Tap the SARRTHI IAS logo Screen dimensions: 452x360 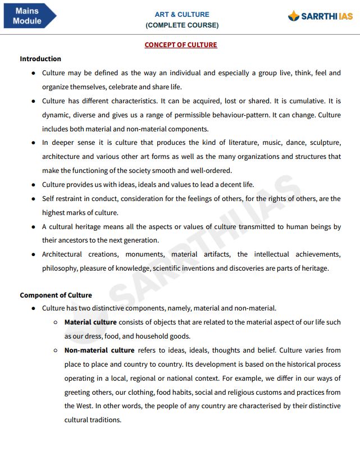click(320, 16)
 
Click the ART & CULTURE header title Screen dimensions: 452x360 click(182, 15)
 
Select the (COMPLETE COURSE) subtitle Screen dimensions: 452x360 click(182, 25)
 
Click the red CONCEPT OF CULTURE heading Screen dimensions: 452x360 click(181, 45)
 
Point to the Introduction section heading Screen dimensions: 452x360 click(40, 59)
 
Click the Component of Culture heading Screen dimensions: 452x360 click(56, 295)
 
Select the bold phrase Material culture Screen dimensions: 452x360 click(90, 322)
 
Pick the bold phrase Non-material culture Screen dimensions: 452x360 click(99, 350)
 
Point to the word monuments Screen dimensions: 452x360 click(145, 254)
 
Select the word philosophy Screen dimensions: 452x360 click(60, 268)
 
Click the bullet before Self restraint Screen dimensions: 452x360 click(34, 199)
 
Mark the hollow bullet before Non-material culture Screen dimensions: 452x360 click(56, 350)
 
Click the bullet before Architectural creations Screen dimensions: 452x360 click(34, 254)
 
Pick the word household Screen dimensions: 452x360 click(156, 336)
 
